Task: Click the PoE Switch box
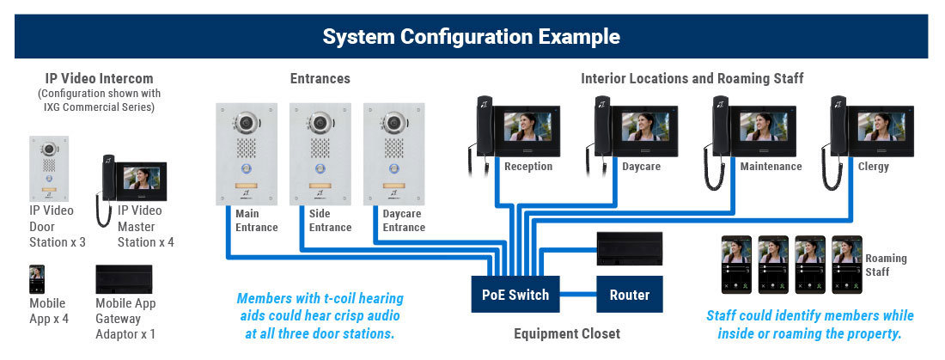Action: [x=515, y=294]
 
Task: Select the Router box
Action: [x=629, y=294]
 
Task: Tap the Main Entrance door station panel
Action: [x=247, y=154]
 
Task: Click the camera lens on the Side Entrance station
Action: [x=320, y=123]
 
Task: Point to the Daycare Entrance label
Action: [x=404, y=220]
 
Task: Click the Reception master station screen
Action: [x=527, y=126]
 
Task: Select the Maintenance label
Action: [x=771, y=166]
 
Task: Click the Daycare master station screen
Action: [x=645, y=126]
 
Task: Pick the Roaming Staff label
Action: [x=886, y=265]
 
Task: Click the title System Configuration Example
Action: [x=472, y=36]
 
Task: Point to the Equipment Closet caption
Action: [x=566, y=333]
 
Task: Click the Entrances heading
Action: [x=320, y=78]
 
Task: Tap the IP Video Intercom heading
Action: [x=100, y=78]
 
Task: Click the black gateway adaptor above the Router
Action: [x=629, y=248]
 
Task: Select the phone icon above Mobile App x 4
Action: [x=37, y=279]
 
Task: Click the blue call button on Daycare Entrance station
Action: [x=393, y=169]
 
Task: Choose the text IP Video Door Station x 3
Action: [x=58, y=226]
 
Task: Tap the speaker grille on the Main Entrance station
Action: [x=247, y=148]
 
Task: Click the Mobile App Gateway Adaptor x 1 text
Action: [x=125, y=319]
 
